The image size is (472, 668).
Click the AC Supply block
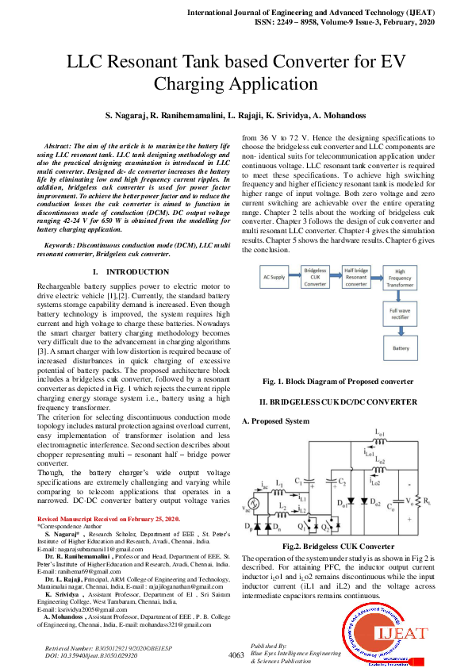pyautogui.click(x=274, y=277)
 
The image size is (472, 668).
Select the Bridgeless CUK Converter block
pyautogui.click(x=316, y=277)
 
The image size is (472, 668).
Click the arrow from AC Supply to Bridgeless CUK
pyautogui.click(x=295, y=277)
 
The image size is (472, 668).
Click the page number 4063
pyautogui.click(x=236, y=655)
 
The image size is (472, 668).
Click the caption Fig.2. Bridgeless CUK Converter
pyautogui.click(x=338, y=547)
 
